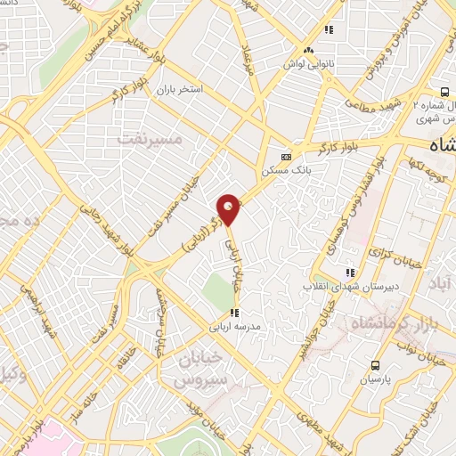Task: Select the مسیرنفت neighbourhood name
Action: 149,139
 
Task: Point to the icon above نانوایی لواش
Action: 308,51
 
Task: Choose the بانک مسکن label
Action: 282,167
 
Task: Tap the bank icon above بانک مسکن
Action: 286,153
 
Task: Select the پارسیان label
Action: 375,379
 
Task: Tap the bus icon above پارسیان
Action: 375,364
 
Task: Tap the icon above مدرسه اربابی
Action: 234,313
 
